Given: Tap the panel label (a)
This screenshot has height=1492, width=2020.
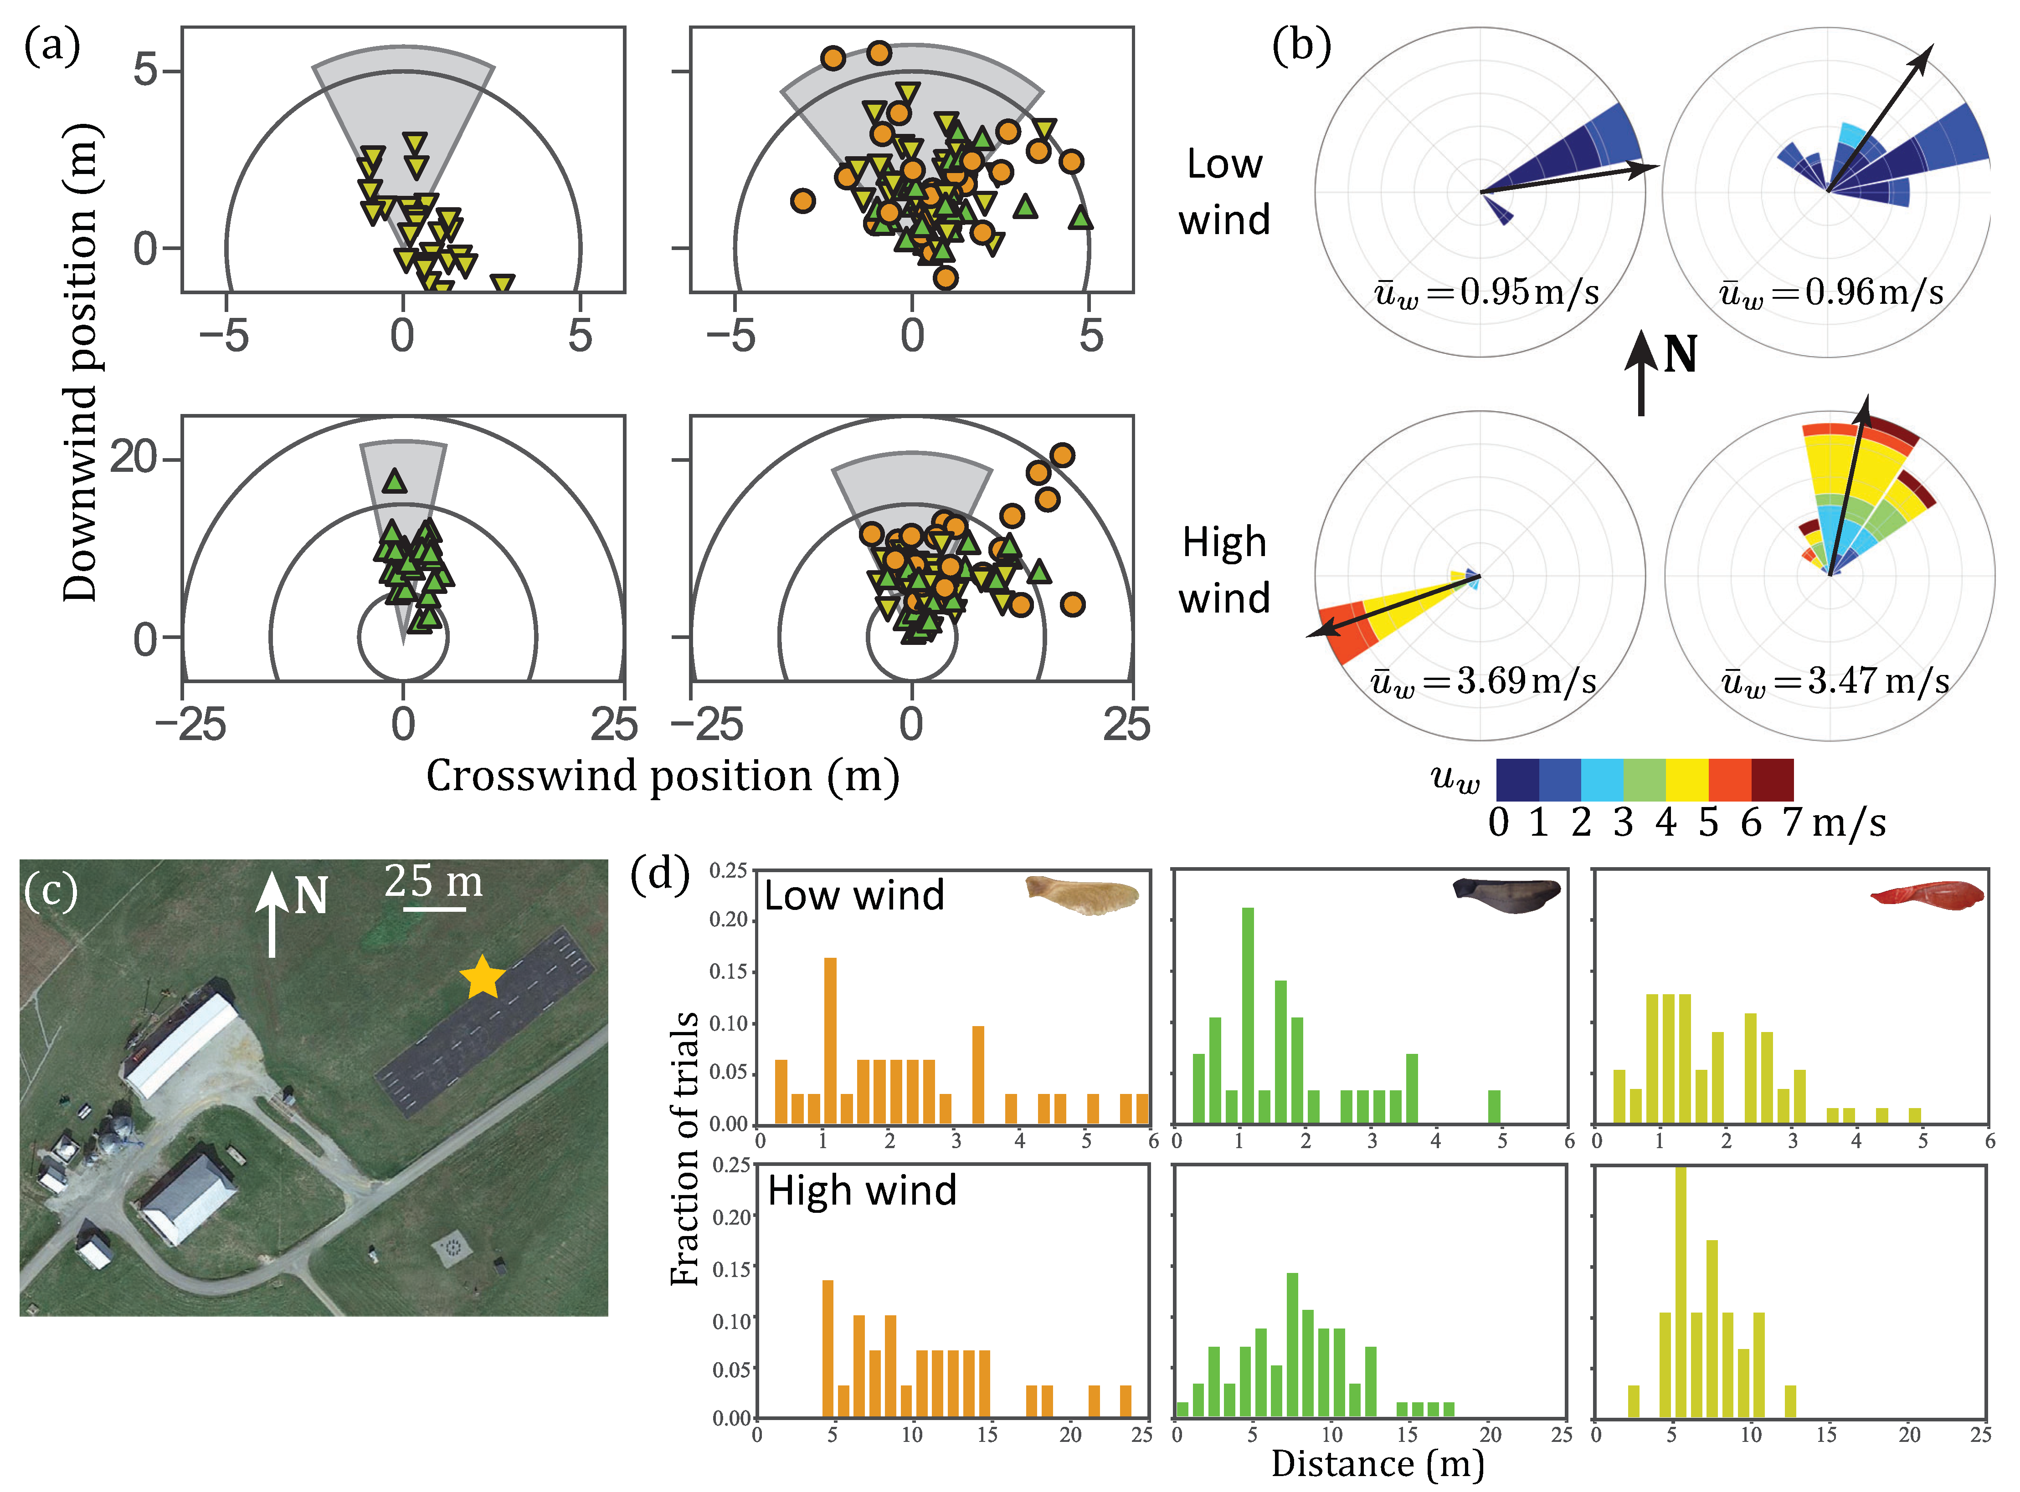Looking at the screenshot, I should pyautogui.click(x=51, y=45).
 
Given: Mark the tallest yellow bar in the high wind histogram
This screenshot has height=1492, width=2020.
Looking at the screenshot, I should pyautogui.click(x=1680, y=1292).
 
